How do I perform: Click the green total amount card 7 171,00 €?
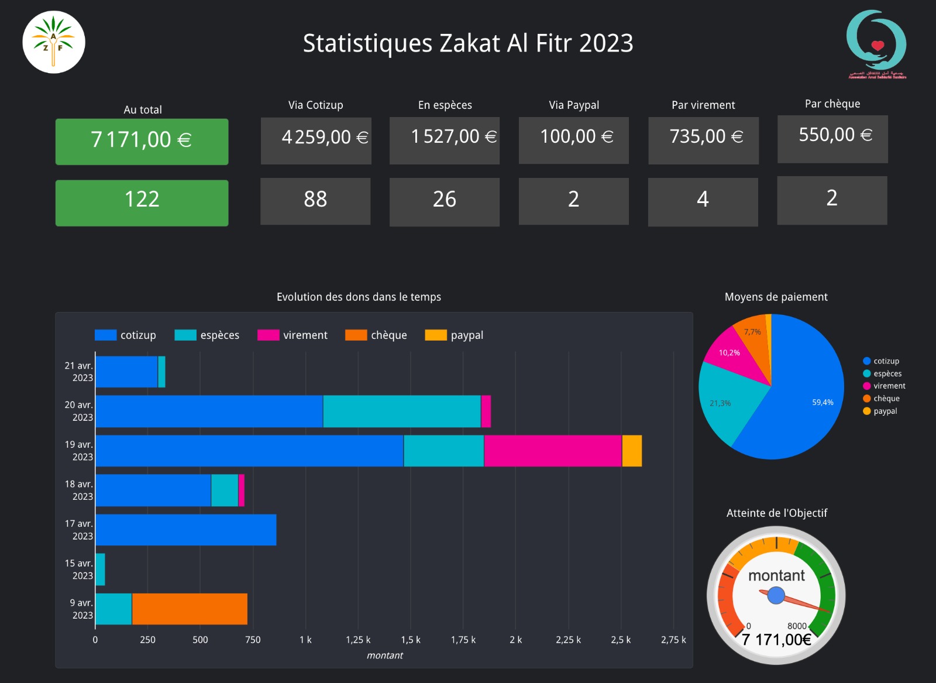point(142,141)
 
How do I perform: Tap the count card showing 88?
point(315,201)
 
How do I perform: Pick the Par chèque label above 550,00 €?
point(832,104)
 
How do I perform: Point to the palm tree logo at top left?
point(54,42)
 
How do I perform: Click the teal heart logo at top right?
point(876,44)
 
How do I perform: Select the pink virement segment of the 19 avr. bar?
point(552,451)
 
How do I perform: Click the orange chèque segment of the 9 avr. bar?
point(190,609)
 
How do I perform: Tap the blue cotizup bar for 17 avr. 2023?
point(185,530)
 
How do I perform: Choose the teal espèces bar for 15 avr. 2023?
point(100,569)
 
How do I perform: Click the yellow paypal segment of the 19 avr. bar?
point(632,451)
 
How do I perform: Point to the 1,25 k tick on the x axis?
point(358,640)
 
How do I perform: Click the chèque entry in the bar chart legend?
point(376,335)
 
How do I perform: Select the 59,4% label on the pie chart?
point(823,402)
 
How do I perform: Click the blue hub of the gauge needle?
point(776,595)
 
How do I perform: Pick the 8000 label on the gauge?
point(797,626)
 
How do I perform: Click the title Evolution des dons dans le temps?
point(359,297)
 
